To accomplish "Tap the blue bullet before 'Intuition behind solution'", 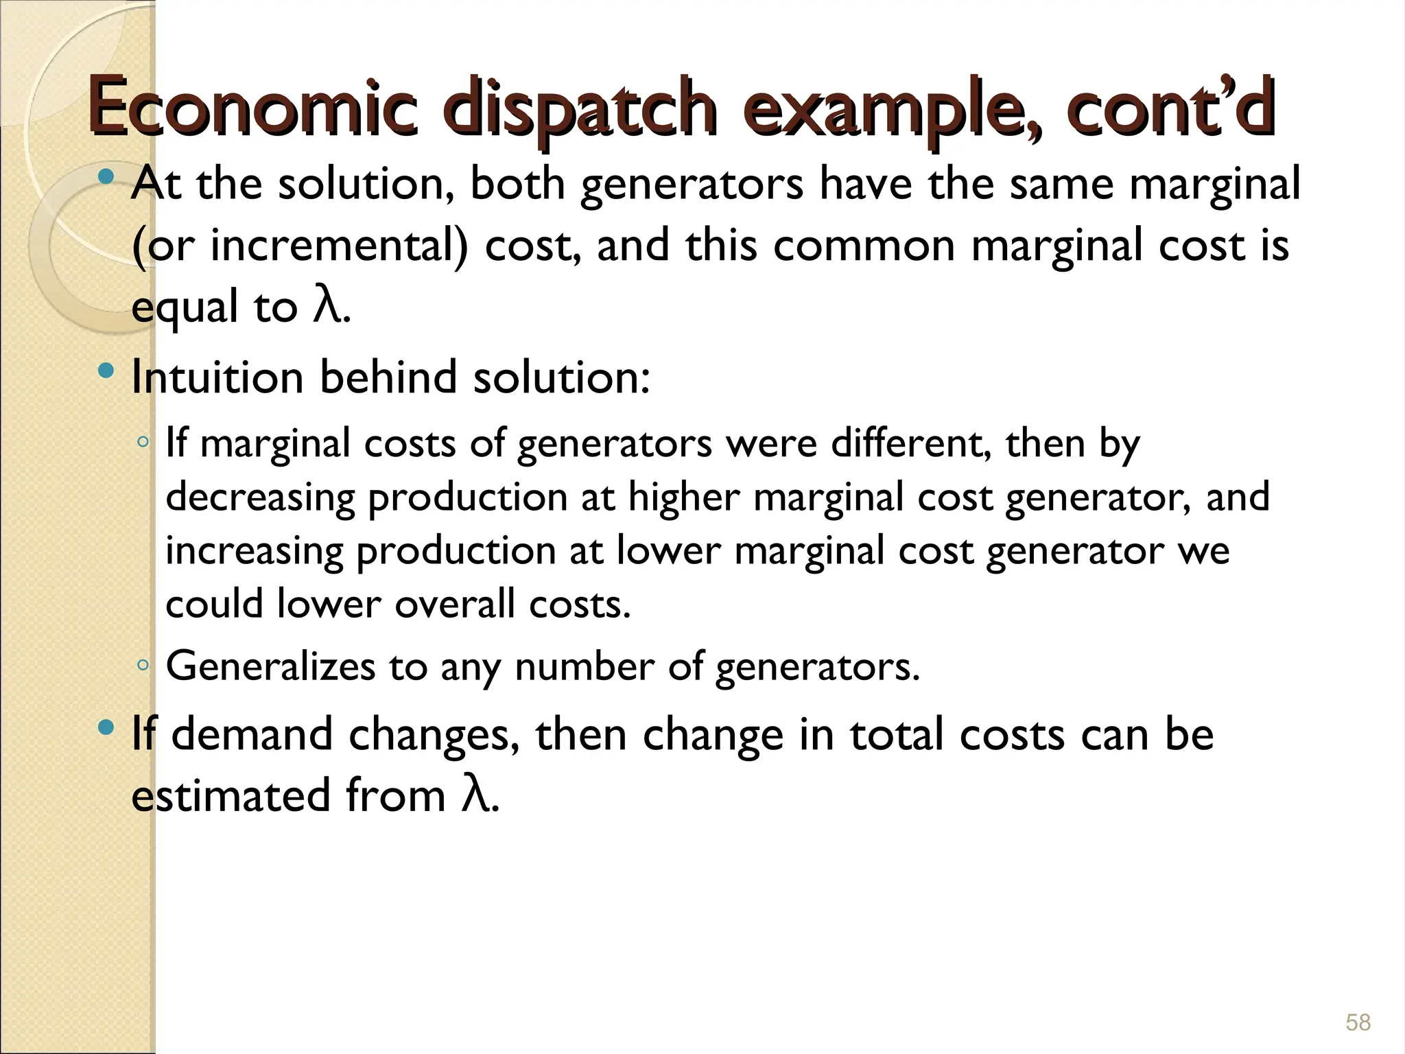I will [x=106, y=373].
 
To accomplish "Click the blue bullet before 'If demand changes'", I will [x=106, y=728].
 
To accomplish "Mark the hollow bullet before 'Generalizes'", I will [x=142, y=664].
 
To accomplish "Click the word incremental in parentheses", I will [x=339, y=246].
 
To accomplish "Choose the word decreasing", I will [x=260, y=497].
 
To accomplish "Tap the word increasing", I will [x=253, y=550].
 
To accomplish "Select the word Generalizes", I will [x=270, y=666].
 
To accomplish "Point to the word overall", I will [x=455, y=604].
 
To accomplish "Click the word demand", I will [x=251, y=734].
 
